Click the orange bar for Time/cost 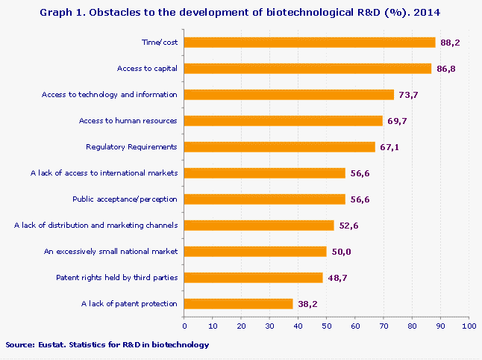[x=310, y=43]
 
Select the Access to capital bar [x=307, y=69]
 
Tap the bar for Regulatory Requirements [x=280, y=147]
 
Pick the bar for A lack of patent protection [x=239, y=303]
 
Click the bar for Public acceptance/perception [x=265, y=199]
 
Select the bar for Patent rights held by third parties [x=254, y=277]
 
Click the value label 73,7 [x=409, y=95]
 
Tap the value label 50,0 [x=341, y=252]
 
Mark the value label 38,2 [x=307, y=304]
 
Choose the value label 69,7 [x=398, y=121]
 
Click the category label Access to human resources [x=128, y=121]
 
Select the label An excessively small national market [x=111, y=252]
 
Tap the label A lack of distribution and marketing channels [x=96, y=226]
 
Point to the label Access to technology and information [x=109, y=95]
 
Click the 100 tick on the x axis [x=469, y=325]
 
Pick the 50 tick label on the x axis [x=327, y=325]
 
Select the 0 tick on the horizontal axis [x=184, y=325]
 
